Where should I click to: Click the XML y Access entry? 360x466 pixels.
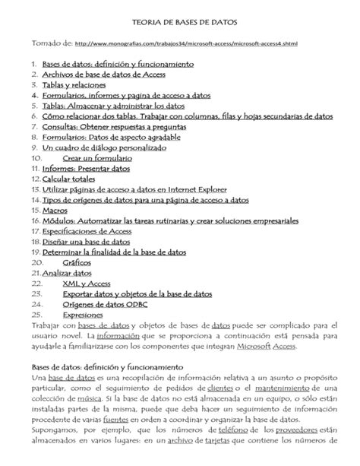tap(87, 283)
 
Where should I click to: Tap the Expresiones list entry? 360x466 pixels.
tap(84, 313)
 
